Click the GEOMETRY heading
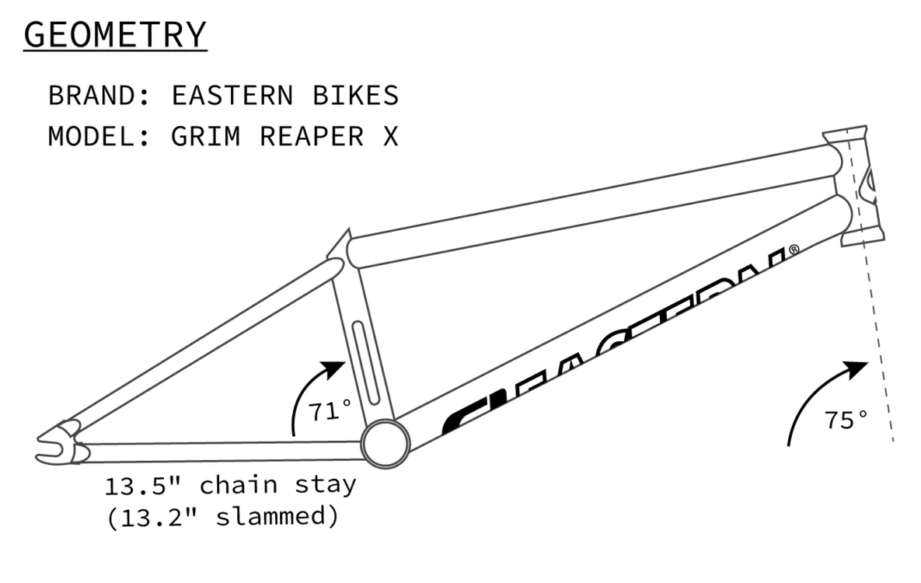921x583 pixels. (x=115, y=35)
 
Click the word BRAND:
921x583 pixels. (x=100, y=96)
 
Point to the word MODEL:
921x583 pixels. (x=100, y=136)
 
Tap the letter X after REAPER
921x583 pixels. (x=389, y=136)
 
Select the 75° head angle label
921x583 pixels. (x=846, y=421)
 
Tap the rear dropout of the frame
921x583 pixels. (x=58, y=443)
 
